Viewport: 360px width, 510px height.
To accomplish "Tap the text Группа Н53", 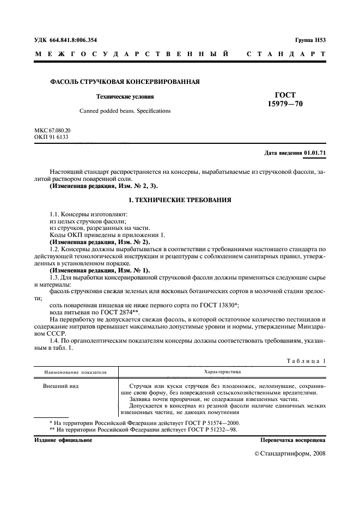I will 310,40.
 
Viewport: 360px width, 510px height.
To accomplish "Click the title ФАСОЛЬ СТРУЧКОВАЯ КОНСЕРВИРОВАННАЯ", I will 125,82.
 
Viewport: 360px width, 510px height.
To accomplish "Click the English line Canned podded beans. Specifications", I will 125,111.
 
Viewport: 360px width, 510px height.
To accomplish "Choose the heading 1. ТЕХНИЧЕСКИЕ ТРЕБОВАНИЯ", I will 180,201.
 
